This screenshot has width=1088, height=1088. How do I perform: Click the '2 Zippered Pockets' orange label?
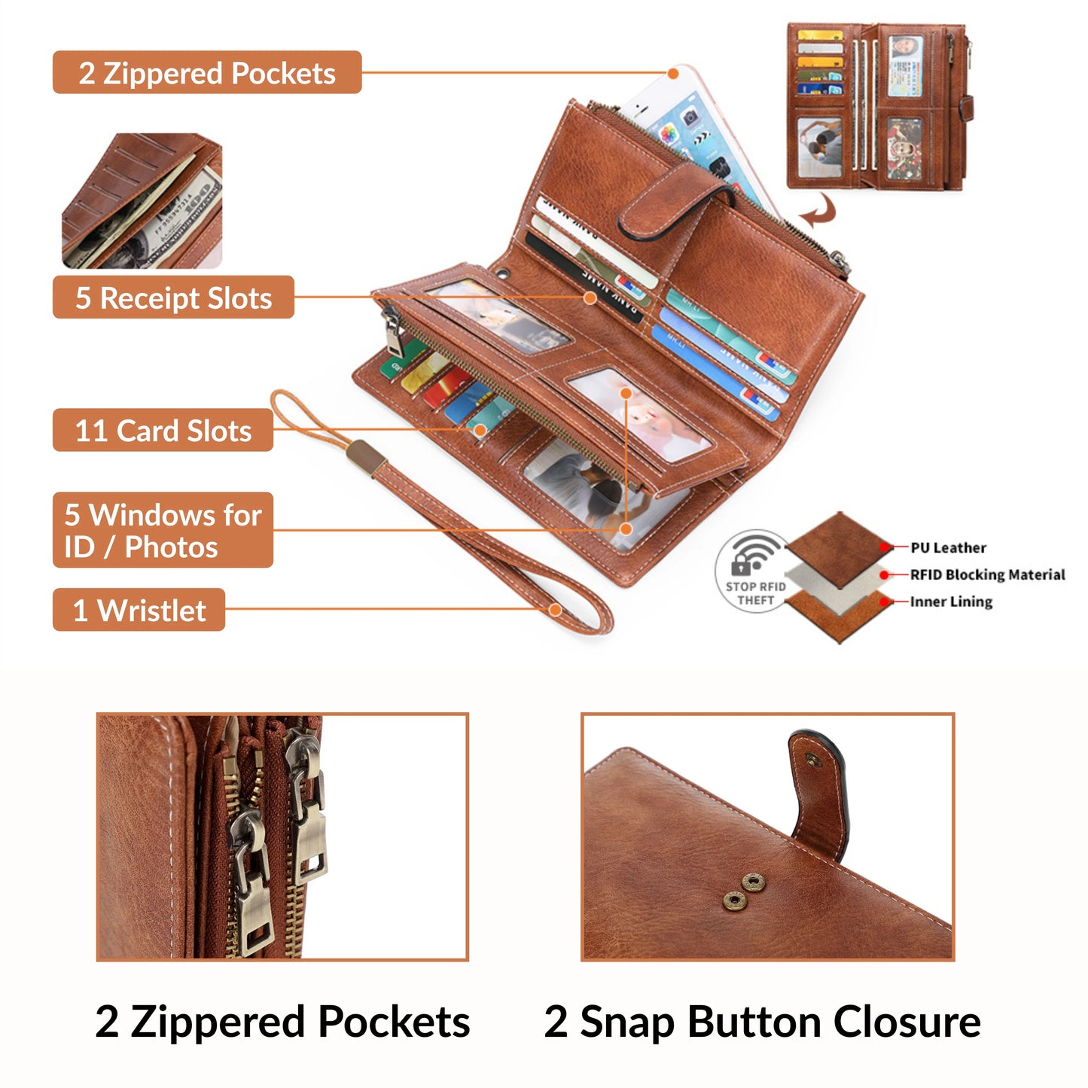pyautogui.click(x=206, y=73)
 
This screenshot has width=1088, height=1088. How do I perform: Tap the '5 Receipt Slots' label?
pyautogui.click(x=173, y=297)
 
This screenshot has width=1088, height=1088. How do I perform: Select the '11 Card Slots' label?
pyautogui.click(x=163, y=431)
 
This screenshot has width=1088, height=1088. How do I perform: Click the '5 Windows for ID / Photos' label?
pyautogui.click(x=163, y=530)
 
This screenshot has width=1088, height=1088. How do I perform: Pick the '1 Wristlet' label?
pyautogui.click(x=139, y=610)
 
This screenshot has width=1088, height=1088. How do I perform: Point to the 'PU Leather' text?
pyautogui.click(x=948, y=547)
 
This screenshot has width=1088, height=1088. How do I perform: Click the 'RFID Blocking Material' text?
pyautogui.click(x=987, y=574)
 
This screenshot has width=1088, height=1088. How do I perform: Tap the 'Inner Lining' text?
pyautogui.click(x=951, y=602)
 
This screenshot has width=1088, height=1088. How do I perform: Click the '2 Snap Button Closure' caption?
pyautogui.click(x=762, y=1022)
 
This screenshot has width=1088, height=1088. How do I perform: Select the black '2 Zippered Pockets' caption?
pyautogui.click(x=282, y=1022)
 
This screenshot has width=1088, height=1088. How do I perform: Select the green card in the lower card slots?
pyautogui.click(x=393, y=367)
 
